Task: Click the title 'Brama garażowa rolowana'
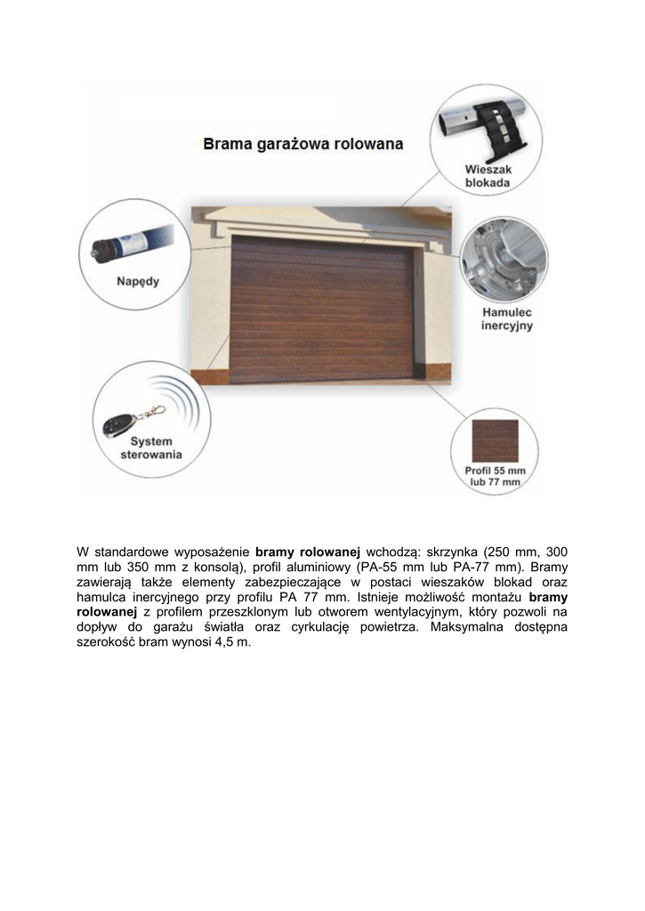point(303,142)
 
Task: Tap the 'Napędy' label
point(139,282)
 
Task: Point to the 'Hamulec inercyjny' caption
point(507,319)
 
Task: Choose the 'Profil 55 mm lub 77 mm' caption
point(496,475)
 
